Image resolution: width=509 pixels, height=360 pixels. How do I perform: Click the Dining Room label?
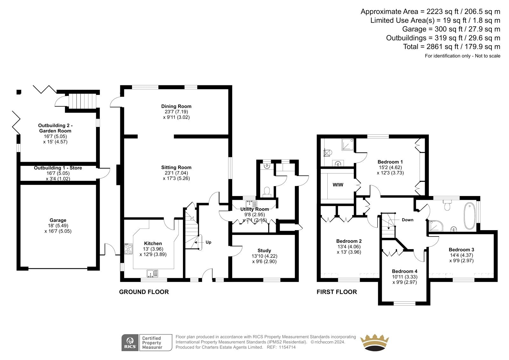(x=176, y=106)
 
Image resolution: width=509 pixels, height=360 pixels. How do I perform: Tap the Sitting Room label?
(x=176, y=167)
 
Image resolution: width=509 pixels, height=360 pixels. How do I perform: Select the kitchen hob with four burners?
(x=129, y=249)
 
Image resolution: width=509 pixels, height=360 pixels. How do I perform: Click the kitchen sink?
(x=152, y=273)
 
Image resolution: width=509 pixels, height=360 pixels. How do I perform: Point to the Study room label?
(x=264, y=251)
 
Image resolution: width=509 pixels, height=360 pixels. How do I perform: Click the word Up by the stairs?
(x=208, y=242)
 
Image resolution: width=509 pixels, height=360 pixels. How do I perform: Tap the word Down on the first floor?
(x=408, y=220)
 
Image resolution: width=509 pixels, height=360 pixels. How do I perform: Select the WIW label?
(x=338, y=185)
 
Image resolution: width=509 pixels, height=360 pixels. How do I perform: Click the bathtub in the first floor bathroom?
(x=470, y=216)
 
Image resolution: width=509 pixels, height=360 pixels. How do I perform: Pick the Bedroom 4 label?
(x=404, y=271)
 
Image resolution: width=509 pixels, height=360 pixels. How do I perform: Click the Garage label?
(x=58, y=220)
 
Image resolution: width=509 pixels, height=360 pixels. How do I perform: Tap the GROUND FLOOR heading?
(x=144, y=292)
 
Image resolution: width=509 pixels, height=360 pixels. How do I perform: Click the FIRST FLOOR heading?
(x=337, y=292)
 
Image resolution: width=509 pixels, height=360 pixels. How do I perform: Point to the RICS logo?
(x=130, y=342)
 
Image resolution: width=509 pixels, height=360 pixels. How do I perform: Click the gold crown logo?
(x=374, y=342)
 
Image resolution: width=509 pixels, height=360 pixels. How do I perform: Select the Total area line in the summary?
(x=451, y=46)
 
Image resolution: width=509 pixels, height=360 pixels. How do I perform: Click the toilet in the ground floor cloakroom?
(x=267, y=192)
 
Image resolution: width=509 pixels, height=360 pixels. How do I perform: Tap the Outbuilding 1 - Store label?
(x=58, y=168)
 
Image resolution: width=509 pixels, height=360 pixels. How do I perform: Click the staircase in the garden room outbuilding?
(x=82, y=101)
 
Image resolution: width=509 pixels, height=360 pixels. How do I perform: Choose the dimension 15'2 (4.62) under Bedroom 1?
(x=390, y=167)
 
